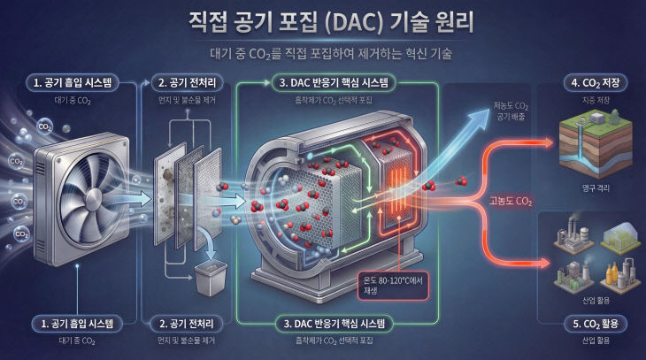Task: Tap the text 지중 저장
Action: click(595, 101)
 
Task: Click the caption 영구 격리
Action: click(595, 188)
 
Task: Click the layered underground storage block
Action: click(595, 146)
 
